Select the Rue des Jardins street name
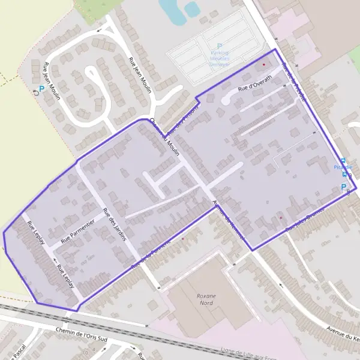pos(115,224)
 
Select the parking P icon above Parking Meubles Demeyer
pos(220,46)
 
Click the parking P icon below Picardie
pos(343,187)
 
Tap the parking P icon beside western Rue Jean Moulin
pos(41,89)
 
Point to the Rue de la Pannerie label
pos(151,253)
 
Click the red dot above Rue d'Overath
pos(263,64)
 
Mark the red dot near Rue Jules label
pos(280,217)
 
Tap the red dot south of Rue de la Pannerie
pos(182,239)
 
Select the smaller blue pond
pos(191,8)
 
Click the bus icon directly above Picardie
pos(343,160)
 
